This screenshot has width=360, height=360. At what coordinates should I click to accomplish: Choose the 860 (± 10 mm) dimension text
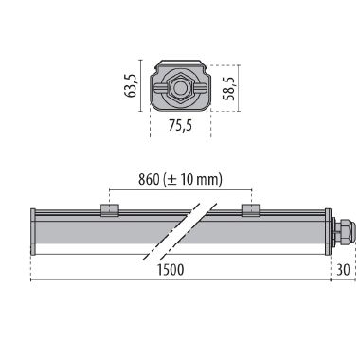[179, 179]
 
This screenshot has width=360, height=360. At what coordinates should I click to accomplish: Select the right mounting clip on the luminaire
[249, 209]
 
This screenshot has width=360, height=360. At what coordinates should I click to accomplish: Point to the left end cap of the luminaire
[34, 231]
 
